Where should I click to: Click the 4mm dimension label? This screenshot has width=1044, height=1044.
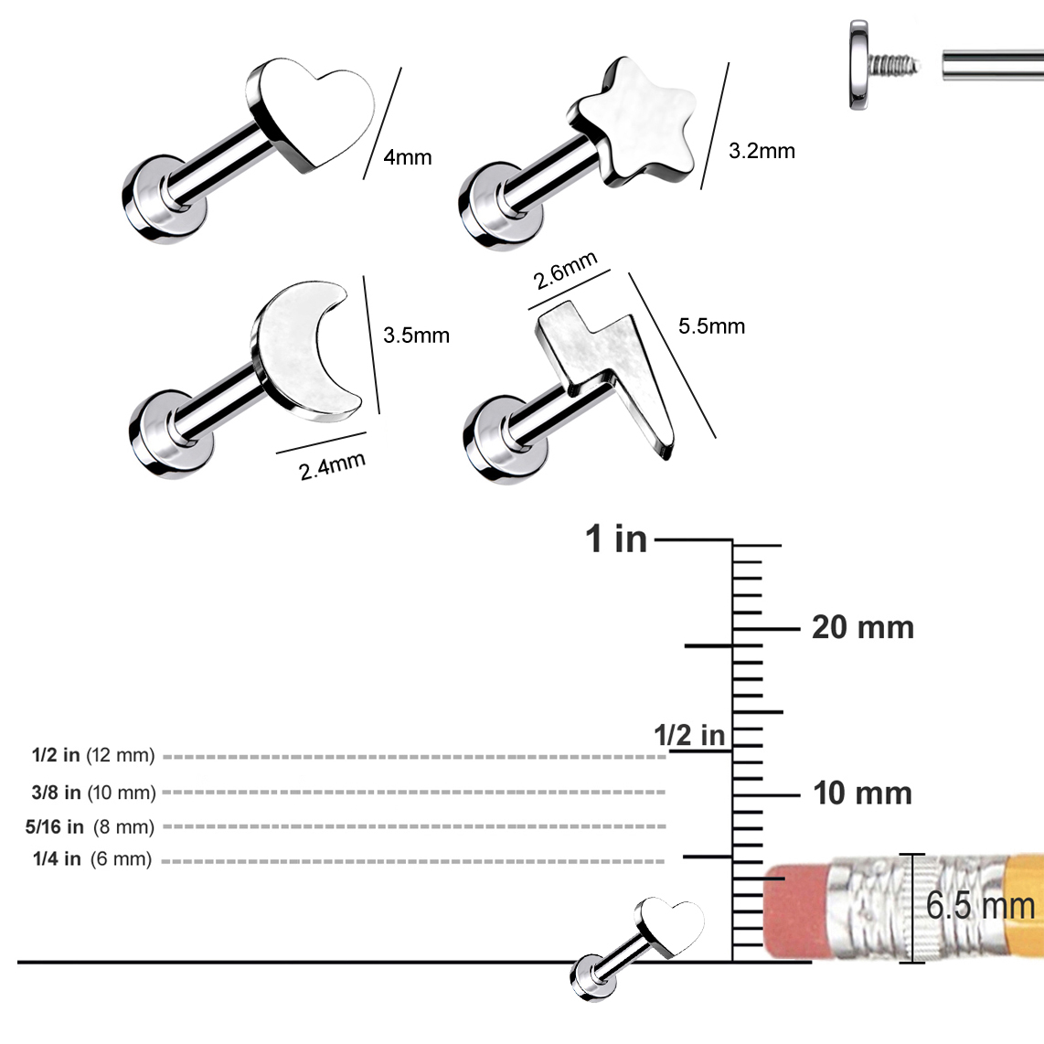(408, 157)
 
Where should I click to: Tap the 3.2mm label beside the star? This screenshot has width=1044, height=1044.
(762, 151)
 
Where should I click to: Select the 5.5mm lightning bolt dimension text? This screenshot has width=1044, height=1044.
(711, 326)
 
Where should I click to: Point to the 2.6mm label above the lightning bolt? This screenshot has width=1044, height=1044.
(565, 271)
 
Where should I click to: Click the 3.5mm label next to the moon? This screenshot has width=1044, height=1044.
(416, 335)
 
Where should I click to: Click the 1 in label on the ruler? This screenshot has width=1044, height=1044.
(616, 538)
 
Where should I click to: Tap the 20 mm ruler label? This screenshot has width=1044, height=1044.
(863, 628)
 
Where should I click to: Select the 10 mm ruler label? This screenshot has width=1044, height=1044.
(862, 794)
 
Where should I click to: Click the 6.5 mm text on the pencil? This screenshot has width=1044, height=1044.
(981, 906)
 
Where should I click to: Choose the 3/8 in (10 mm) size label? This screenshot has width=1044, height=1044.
(93, 793)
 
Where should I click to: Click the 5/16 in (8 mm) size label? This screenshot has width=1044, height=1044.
(90, 827)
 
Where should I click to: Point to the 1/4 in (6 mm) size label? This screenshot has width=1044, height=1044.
(92, 859)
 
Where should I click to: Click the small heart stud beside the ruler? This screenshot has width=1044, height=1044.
(636, 950)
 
